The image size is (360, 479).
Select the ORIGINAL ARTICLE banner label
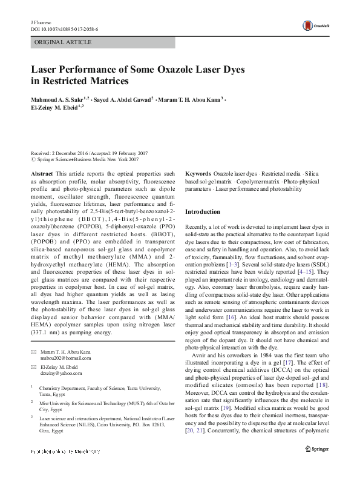coord(63,42)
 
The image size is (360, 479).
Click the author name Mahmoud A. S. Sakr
coord(57,99)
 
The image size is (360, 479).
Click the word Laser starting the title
coord(47,70)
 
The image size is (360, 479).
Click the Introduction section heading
coord(203,212)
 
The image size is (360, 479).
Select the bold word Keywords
coord(198,173)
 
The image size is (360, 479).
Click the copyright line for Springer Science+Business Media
coord(85,160)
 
